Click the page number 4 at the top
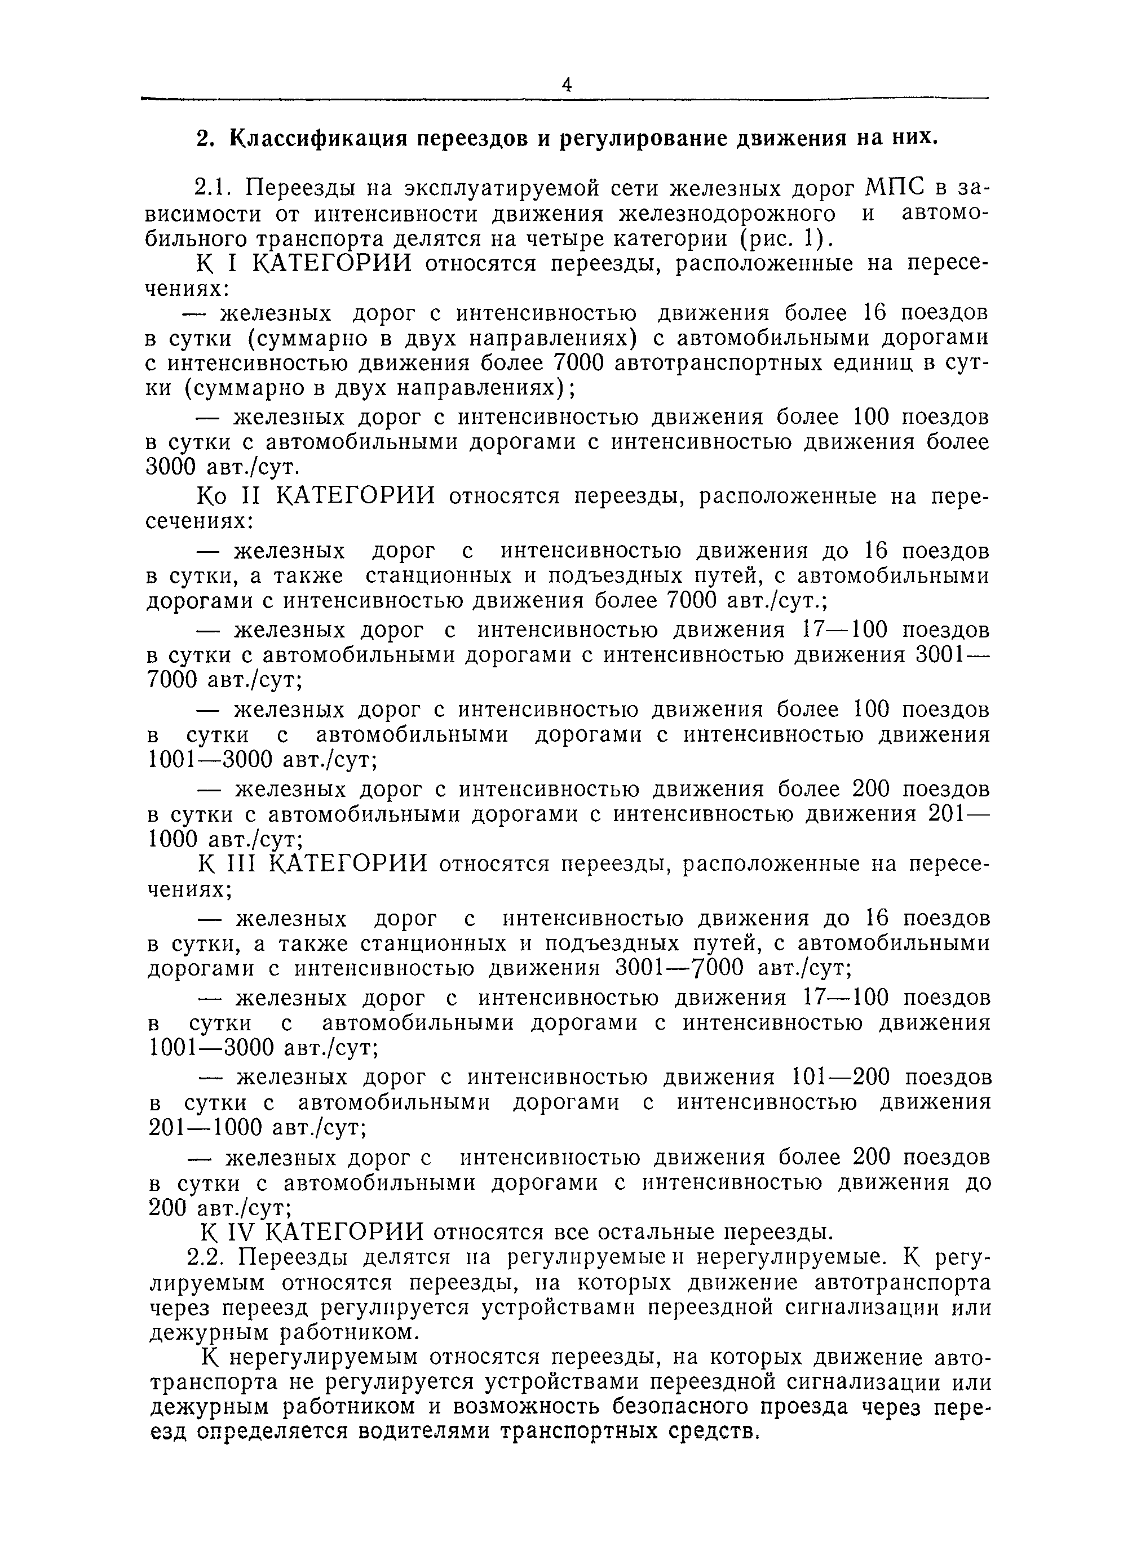(567, 85)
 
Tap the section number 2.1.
(213, 188)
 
